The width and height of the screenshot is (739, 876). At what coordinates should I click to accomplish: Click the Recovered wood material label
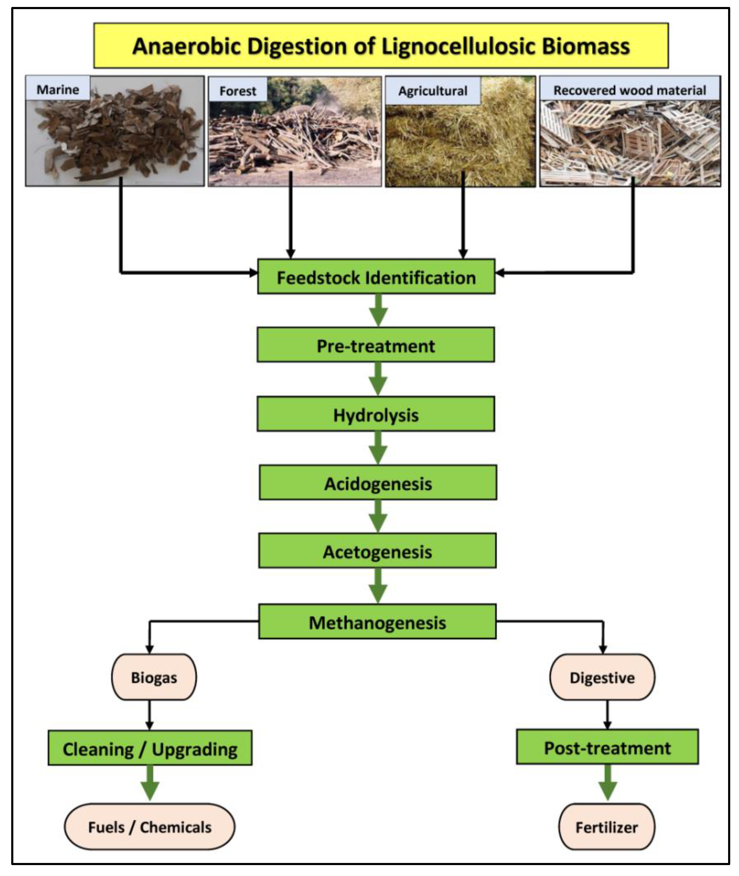[629, 89]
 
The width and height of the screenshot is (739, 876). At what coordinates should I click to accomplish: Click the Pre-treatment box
[375, 345]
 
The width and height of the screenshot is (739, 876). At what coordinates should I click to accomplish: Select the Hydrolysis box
[375, 414]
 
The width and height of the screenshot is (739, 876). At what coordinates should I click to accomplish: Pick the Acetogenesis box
[377, 551]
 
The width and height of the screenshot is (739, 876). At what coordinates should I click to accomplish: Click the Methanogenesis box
[377, 622]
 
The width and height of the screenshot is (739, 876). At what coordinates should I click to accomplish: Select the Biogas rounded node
[154, 677]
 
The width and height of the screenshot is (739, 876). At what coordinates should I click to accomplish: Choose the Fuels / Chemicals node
[150, 827]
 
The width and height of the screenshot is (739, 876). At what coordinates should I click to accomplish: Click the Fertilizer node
[606, 827]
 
